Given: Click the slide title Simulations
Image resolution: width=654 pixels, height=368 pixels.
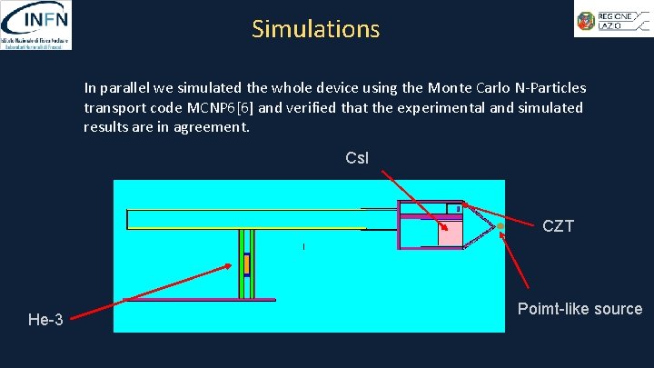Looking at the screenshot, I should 316,29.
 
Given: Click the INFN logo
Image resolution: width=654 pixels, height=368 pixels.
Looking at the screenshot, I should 36,25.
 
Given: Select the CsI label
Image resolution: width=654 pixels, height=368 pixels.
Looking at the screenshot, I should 357,158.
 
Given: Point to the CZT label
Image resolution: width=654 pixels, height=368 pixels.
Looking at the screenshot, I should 558,226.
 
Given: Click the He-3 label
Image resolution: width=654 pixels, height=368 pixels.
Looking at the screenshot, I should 45,319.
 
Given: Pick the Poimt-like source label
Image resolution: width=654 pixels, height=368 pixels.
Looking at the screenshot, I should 580,309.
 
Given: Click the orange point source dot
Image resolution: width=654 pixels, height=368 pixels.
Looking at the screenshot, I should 500,225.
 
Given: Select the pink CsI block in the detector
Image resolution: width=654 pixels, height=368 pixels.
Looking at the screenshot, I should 450,233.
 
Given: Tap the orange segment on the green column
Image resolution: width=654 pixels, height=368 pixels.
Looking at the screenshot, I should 245,264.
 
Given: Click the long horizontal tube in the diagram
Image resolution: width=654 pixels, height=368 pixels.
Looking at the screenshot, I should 245,219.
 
